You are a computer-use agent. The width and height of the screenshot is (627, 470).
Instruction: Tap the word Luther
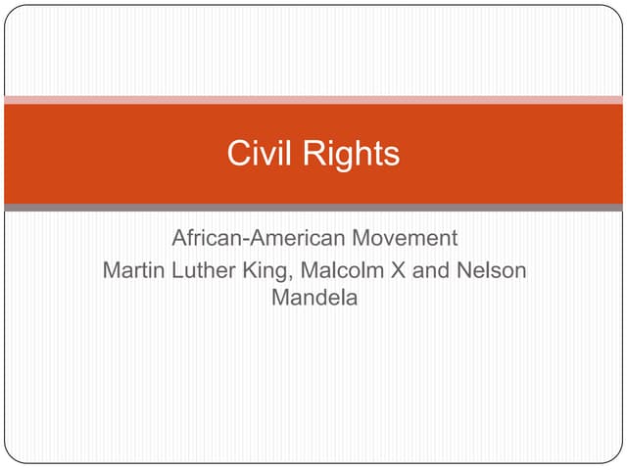201,269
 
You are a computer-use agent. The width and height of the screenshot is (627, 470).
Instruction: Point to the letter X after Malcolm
398,269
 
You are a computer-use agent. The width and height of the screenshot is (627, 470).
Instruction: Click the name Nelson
492,269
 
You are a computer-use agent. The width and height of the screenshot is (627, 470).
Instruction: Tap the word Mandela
314,298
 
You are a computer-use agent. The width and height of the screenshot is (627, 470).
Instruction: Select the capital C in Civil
237,154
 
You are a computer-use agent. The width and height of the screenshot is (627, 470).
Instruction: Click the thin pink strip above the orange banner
313,100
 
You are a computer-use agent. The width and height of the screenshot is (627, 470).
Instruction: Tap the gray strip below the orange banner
313,208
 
